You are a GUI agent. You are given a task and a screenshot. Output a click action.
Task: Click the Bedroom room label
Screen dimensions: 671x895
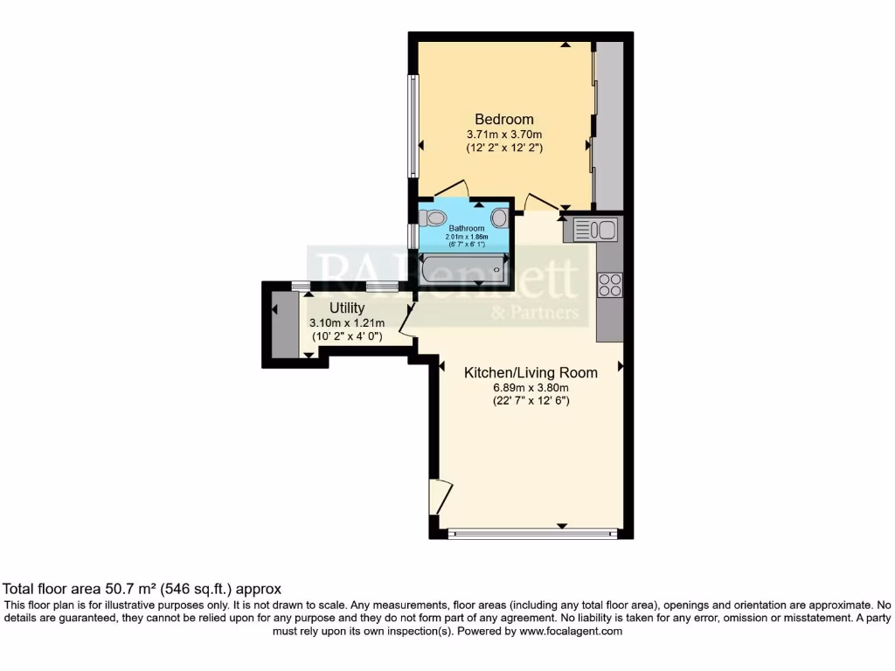click(503, 120)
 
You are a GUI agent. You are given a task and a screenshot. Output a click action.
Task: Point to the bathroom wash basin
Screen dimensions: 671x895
click(499, 218)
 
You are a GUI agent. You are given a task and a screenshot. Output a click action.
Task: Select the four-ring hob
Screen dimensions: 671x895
click(609, 285)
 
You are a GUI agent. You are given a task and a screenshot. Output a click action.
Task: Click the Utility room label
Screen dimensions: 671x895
click(346, 308)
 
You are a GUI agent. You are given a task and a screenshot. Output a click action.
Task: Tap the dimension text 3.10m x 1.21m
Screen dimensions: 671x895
click(346, 322)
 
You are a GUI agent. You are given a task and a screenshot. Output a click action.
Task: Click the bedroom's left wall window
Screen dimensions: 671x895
click(413, 127)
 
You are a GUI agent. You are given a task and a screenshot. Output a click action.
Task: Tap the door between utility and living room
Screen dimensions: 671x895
click(405, 315)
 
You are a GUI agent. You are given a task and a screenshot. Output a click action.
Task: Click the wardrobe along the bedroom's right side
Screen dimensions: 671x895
click(608, 122)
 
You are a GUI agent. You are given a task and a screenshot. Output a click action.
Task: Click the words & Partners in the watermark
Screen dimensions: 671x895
click(535, 312)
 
